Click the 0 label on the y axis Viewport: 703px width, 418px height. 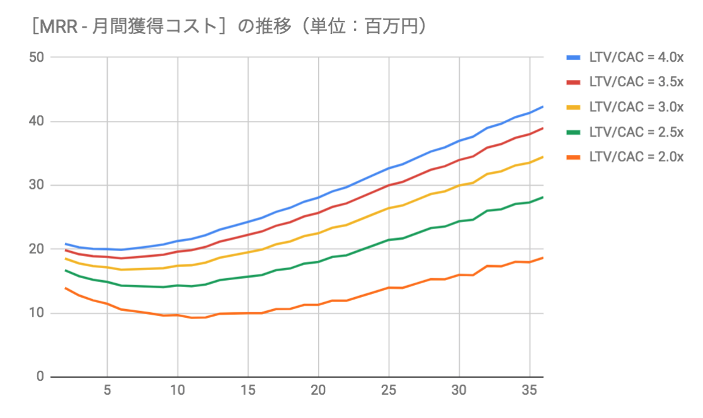click(x=38, y=377)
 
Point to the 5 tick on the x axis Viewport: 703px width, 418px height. click(x=108, y=390)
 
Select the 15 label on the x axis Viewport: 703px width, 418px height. click(x=248, y=390)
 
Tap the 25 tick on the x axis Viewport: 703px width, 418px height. click(x=389, y=390)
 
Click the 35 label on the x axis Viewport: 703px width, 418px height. click(x=529, y=390)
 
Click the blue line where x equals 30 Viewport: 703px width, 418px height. click(x=459, y=140)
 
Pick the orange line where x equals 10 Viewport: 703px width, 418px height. click(x=178, y=315)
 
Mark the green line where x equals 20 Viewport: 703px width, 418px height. click(x=319, y=261)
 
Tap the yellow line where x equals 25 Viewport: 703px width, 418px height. click(x=389, y=208)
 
